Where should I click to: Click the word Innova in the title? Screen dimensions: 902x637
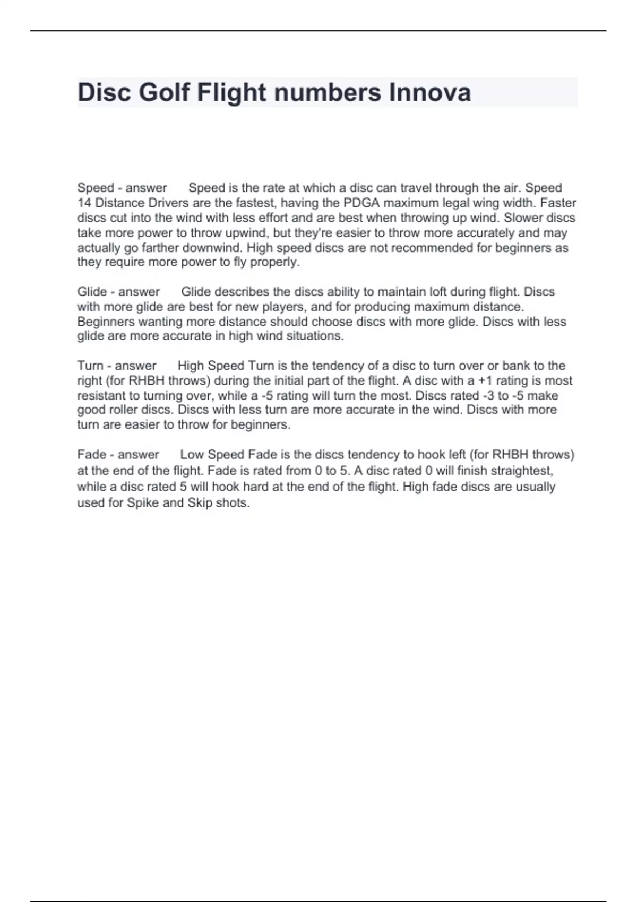[430, 92]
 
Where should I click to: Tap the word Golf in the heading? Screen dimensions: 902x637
[164, 92]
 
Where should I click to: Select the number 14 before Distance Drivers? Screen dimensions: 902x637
[84, 203]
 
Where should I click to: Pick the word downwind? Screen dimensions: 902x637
[213, 248]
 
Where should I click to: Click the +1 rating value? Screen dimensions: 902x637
[485, 380]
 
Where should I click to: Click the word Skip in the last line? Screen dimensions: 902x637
[200, 503]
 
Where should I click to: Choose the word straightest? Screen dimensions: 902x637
[521, 471]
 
